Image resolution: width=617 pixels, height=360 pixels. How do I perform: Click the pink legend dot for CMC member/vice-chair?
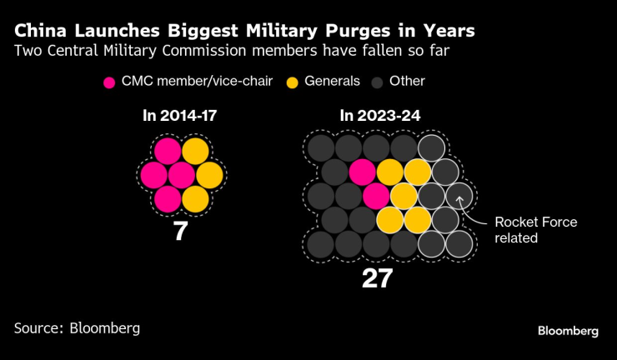click(109, 82)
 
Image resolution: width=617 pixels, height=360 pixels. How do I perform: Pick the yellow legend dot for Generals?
click(293, 82)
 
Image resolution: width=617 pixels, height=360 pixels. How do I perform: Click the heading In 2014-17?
click(180, 117)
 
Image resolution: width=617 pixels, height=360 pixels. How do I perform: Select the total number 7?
click(180, 231)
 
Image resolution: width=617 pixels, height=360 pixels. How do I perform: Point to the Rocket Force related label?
click(524, 229)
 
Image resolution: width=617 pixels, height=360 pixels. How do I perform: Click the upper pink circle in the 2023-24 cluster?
click(363, 172)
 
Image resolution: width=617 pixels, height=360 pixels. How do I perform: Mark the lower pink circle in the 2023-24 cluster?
click(376, 197)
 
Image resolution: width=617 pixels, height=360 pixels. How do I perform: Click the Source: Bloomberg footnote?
click(77, 327)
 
